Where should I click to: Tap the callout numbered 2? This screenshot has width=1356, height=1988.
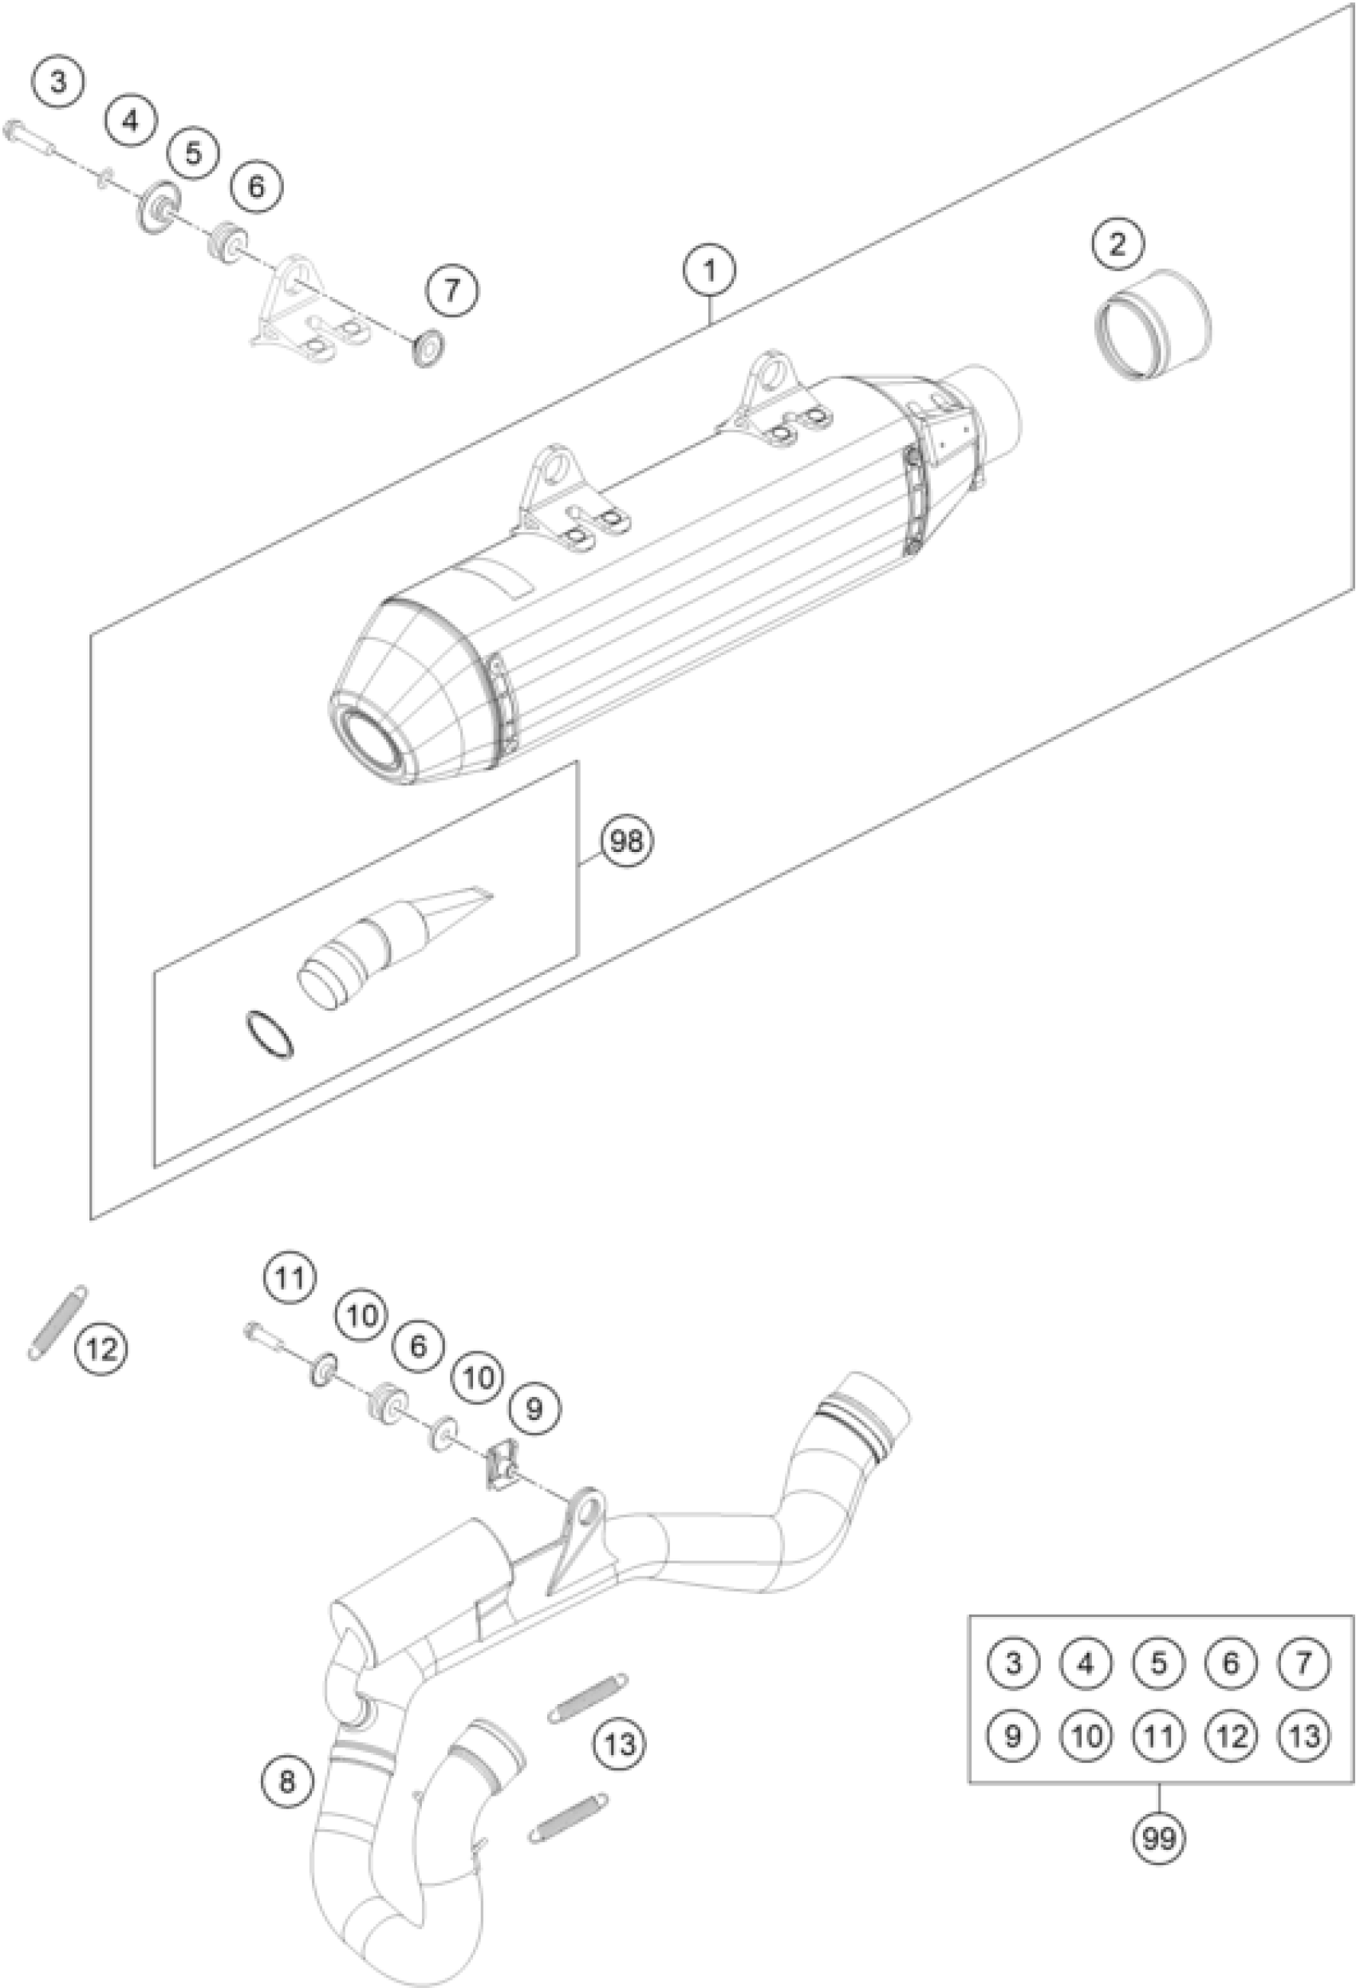click(x=1118, y=245)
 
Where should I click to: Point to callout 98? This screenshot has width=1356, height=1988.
click(x=626, y=842)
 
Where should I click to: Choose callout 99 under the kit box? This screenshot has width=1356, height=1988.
click(x=1158, y=1836)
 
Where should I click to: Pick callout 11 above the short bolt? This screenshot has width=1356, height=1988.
click(x=290, y=1278)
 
